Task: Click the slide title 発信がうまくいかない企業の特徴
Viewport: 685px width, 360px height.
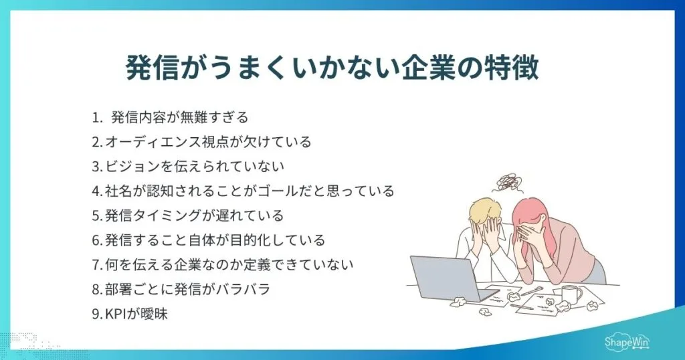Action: (x=332, y=68)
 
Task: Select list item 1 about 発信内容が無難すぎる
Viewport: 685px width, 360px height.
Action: (x=170, y=118)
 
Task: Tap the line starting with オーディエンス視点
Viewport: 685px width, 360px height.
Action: (x=201, y=142)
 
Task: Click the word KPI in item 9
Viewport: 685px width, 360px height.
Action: (x=116, y=313)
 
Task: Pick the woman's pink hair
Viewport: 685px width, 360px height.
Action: (x=535, y=214)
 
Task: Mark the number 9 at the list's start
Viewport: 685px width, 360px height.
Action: (x=96, y=313)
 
